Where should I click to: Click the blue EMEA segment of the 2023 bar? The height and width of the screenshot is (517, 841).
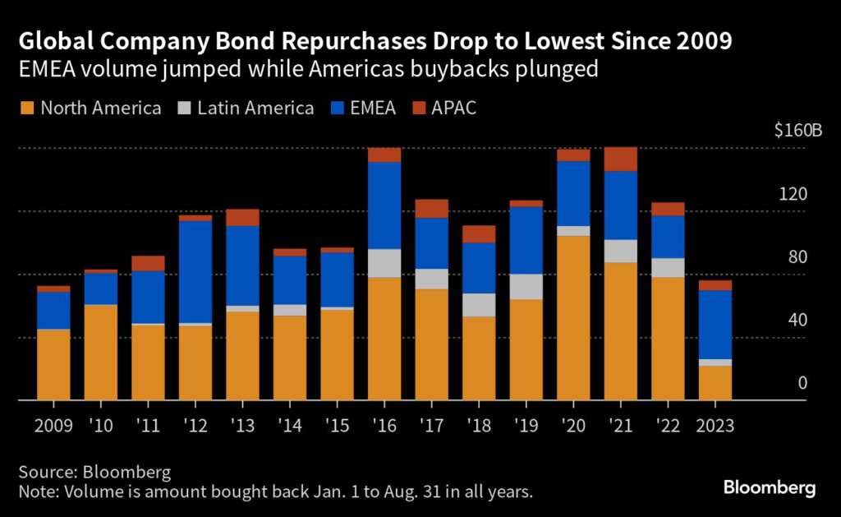[x=715, y=324]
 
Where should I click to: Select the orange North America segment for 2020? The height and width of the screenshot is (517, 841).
[x=572, y=317]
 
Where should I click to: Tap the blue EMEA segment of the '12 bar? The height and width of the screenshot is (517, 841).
[x=195, y=271]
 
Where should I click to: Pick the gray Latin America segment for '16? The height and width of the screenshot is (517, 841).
[x=384, y=263]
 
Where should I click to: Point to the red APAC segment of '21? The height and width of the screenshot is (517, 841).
[x=620, y=159]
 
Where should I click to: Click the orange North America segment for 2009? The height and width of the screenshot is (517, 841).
[x=53, y=364]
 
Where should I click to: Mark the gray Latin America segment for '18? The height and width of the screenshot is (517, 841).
[x=478, y=305]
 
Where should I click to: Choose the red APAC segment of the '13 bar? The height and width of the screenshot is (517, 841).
[x=242, y=217]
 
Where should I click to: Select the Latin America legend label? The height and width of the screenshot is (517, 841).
[x=256, y=108]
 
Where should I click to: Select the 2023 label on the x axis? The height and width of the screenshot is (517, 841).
[x=715, y=426]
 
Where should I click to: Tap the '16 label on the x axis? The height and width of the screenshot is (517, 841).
[x=384, y=426]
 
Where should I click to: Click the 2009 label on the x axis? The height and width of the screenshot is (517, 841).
[x=53, y=426]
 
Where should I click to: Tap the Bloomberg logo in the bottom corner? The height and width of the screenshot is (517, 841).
[x=770, y=488]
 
